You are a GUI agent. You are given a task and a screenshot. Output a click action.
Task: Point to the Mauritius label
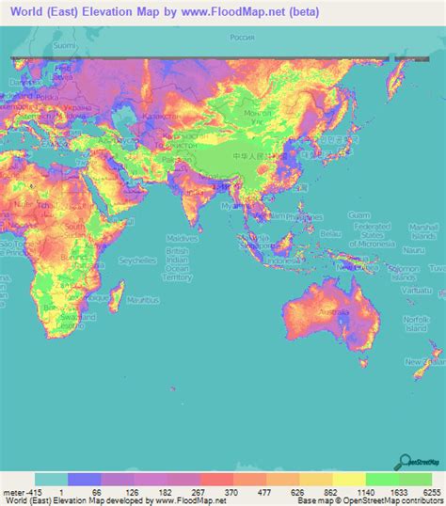click(x=144, y=300)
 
